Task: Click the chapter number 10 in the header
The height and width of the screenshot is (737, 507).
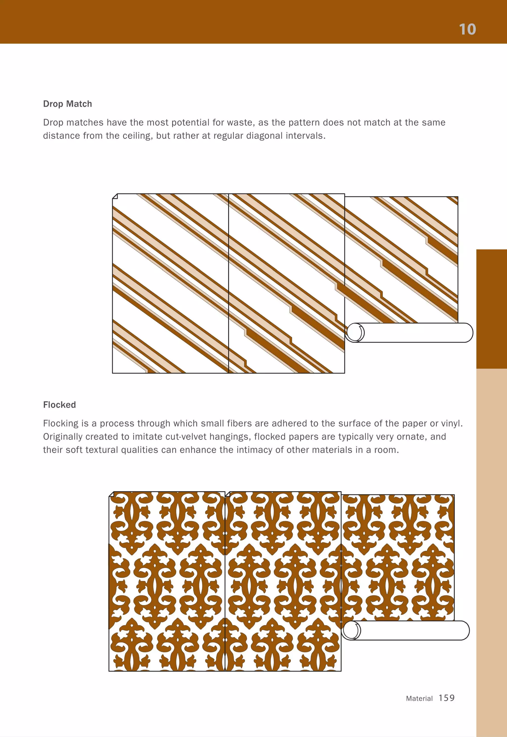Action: click(467, 29)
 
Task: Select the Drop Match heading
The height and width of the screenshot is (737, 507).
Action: click(67, 104)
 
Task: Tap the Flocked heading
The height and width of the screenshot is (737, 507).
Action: click(59, 405)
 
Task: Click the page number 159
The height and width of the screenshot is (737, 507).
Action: click(446, 698)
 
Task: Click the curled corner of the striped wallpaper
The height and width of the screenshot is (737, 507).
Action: click(115, 196)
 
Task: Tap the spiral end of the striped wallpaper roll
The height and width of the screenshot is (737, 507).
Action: click(355, 332)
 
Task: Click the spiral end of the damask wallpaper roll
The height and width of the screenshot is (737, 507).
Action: click(352, 630)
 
